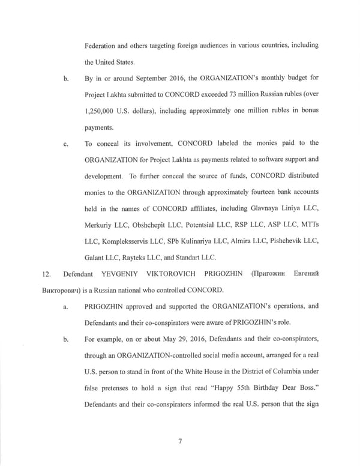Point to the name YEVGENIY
pyautogui.click(x=119, y=274)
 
